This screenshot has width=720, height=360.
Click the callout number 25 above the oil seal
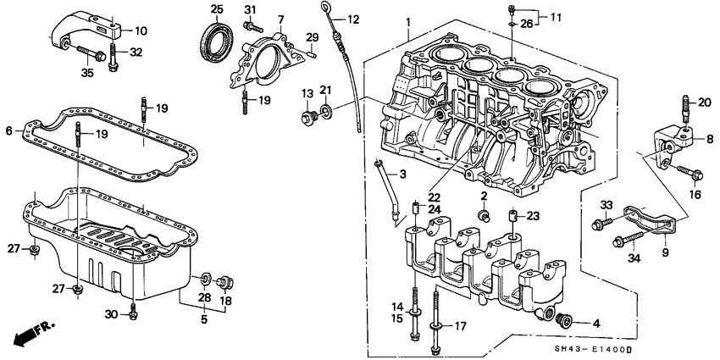tap(216, 9)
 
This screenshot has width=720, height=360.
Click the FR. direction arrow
tap(25, 331)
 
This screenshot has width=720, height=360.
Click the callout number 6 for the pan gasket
tap(9, 131)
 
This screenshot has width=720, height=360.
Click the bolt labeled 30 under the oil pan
tap(133, 314)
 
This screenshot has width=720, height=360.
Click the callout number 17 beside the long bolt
tap(461, 325)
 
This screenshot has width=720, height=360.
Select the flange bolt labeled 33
tap(603, 224)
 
